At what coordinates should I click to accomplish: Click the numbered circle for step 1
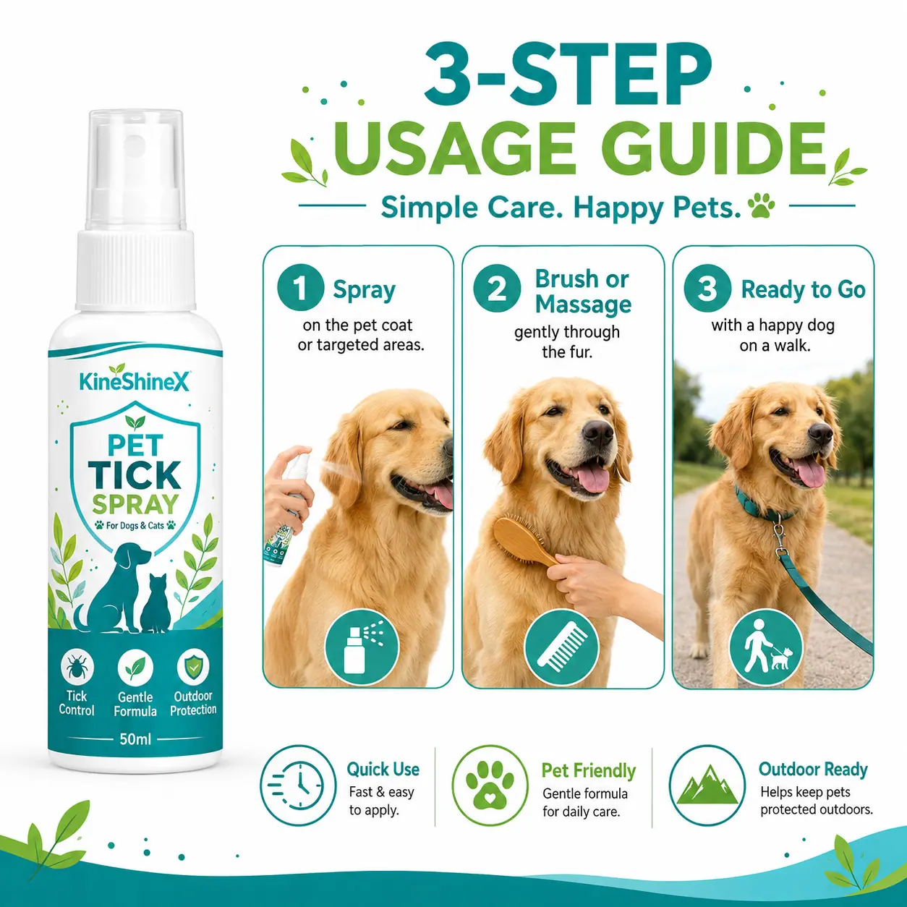pyautogui.click(x=300, y=288)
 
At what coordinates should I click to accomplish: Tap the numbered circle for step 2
pyautogui.click(x=497, y=288)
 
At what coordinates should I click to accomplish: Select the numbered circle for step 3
pyautogui.click(x=707, y=288)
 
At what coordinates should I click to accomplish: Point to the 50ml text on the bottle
pyautogui.click(x=135, y=739)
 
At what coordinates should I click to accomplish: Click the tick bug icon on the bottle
pyautogui.click(x=77, y=667)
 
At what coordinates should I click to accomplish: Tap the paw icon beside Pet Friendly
pyautogui.click(x=490, y=785)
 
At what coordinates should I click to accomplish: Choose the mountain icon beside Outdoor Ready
pyautogui.click(x=707, y=785)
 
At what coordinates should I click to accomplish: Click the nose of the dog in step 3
pyautogui.click(x=821, y=432)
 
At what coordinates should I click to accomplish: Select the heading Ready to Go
pyautogui.click(x=803, y=289)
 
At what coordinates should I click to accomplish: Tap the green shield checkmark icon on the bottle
pyautogui.click(x=193, y=666)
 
